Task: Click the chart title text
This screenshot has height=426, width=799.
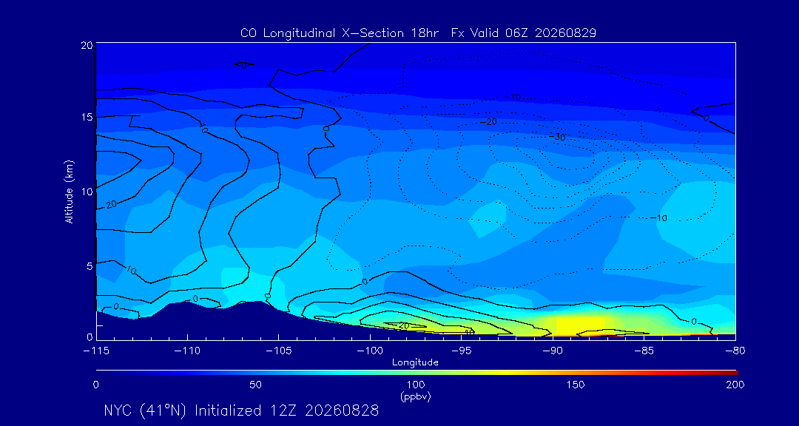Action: (418, 33)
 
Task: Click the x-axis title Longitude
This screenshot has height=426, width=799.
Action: (415, 363)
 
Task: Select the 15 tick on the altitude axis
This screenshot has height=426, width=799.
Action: (87, 117)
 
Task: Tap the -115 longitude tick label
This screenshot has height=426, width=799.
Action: (95, 351)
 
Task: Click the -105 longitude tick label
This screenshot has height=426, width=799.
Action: (278, 351)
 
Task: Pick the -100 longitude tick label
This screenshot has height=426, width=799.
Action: (369, 351)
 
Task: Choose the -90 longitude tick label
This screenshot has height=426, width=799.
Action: (553, 351)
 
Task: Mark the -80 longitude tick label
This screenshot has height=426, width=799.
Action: (735, 351)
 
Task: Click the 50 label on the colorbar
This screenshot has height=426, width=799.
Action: (256, 385)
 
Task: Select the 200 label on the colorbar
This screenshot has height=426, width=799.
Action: (735, 385)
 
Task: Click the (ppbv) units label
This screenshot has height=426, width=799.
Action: (416, 396)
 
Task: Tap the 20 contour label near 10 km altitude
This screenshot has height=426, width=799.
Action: (112, 204)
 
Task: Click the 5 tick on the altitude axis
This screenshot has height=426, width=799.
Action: (90, 266)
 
